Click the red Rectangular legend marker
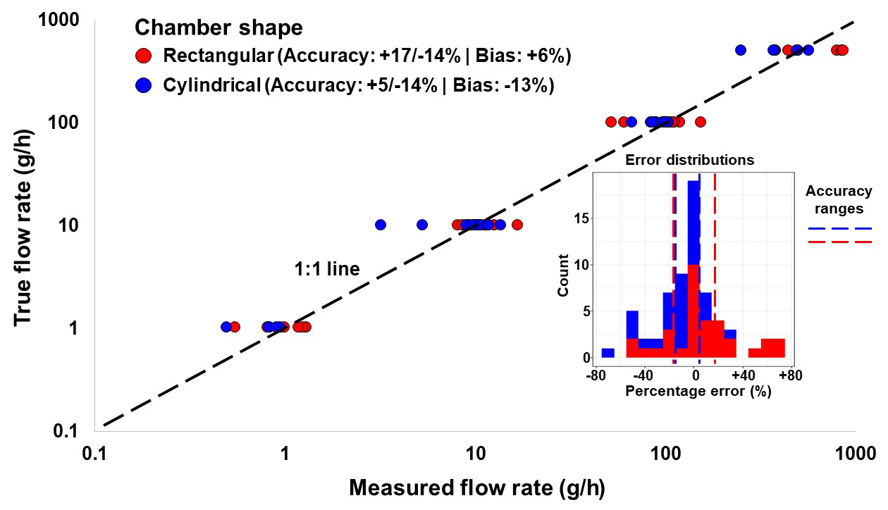(x=143, y=55)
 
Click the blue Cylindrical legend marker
(x=143, y=85)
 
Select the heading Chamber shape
(x=218, y=27)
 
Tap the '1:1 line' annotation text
(x=326, y=268)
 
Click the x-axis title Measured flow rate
(x=477, y=487)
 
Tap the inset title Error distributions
(x=690, y=160)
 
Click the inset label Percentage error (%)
(x=698, y=392)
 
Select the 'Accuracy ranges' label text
(x=839, y=199)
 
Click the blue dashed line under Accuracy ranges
(x=839, y=228)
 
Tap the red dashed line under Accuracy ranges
(x=839, y=242)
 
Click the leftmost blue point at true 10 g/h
(x=381, y=225)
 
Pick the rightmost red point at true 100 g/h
(x=700, y=122)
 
